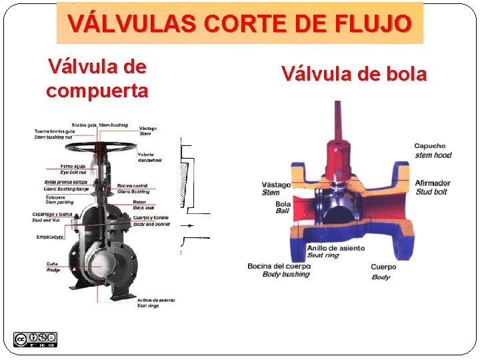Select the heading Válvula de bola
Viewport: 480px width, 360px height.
coord(353,74)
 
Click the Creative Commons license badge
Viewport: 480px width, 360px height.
coord(35,339)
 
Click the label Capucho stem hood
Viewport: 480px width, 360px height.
coord(432,151)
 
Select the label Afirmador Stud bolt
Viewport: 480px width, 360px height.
coord(432,187)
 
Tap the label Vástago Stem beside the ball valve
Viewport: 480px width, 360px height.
coord(276,189)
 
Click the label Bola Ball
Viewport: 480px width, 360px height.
coord(283,207)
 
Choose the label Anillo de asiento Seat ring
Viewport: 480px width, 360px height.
coord(335,251)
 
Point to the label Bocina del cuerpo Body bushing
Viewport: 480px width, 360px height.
coord(278,270)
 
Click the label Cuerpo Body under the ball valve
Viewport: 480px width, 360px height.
coord(383,271)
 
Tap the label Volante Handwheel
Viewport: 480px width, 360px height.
coord(150,158)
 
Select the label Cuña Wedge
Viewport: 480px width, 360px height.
coord(53,267)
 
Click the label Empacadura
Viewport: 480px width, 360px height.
coord(49,236)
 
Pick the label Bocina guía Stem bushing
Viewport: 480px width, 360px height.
coord(99,125)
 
